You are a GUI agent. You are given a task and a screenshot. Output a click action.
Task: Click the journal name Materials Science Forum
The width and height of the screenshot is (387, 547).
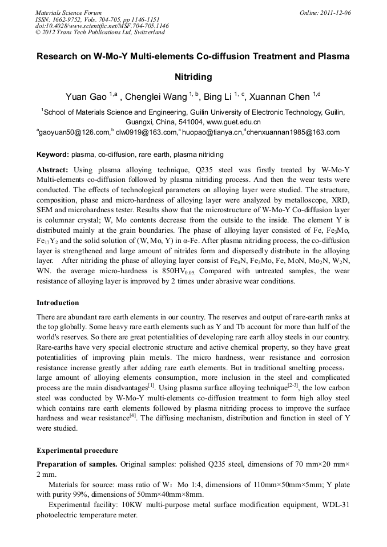point(68,13)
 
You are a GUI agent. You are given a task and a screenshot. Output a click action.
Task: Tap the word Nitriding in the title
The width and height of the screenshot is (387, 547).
point(193,76)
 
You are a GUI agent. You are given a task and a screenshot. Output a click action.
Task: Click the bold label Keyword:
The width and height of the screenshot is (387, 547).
point(53,155)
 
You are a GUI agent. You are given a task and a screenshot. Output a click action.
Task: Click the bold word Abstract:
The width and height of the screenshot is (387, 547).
point(53,170)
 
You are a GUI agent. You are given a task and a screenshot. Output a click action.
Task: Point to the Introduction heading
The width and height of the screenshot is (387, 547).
point(58,303)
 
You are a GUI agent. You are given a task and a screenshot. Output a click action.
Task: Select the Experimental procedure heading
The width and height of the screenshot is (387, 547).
point(77,451)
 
